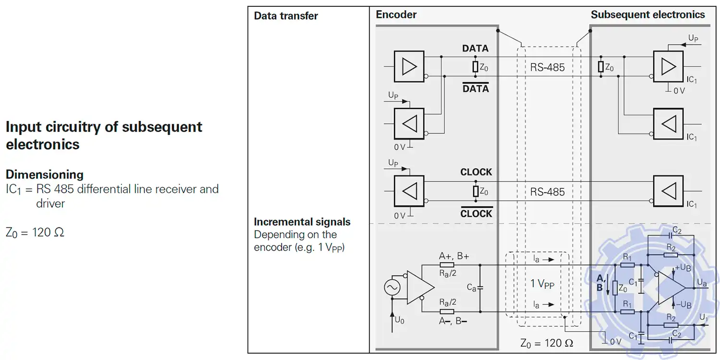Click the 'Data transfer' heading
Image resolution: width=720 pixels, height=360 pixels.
coord(286,16)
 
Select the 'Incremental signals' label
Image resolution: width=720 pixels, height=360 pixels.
coord(302,222)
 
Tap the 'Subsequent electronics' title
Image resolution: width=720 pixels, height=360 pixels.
coord(648,14)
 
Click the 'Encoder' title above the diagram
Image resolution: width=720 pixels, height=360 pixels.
coord(396,14)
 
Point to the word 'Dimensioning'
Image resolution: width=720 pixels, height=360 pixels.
coord(45,174)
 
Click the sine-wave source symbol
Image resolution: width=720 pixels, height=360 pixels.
coord(392,288)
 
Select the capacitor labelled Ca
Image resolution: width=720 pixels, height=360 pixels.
coord(480,288)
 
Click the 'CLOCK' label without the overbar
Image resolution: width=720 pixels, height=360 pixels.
coord(476,172)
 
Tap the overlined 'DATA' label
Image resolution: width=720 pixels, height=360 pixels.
coord(475,89)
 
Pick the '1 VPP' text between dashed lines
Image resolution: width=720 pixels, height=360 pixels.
coord(542,284)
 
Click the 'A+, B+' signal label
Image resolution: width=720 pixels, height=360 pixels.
coord(454,256)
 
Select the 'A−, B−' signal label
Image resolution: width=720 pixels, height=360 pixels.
coord(453,321)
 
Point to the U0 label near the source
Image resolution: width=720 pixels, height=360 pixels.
coord(399,319)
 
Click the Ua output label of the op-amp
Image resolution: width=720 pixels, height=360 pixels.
coord(702,283)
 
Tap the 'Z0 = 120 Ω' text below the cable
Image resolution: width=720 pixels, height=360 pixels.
coord(547,343)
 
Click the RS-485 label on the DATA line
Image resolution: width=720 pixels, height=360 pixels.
coord(547,67)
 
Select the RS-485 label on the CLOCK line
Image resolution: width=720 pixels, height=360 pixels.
coord(547,192)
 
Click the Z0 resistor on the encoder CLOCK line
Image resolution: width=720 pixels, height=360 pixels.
coord(476,192)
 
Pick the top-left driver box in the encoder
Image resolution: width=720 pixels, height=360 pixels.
coord(409,66)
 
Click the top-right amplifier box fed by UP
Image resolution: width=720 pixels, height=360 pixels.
coord(668,66)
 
